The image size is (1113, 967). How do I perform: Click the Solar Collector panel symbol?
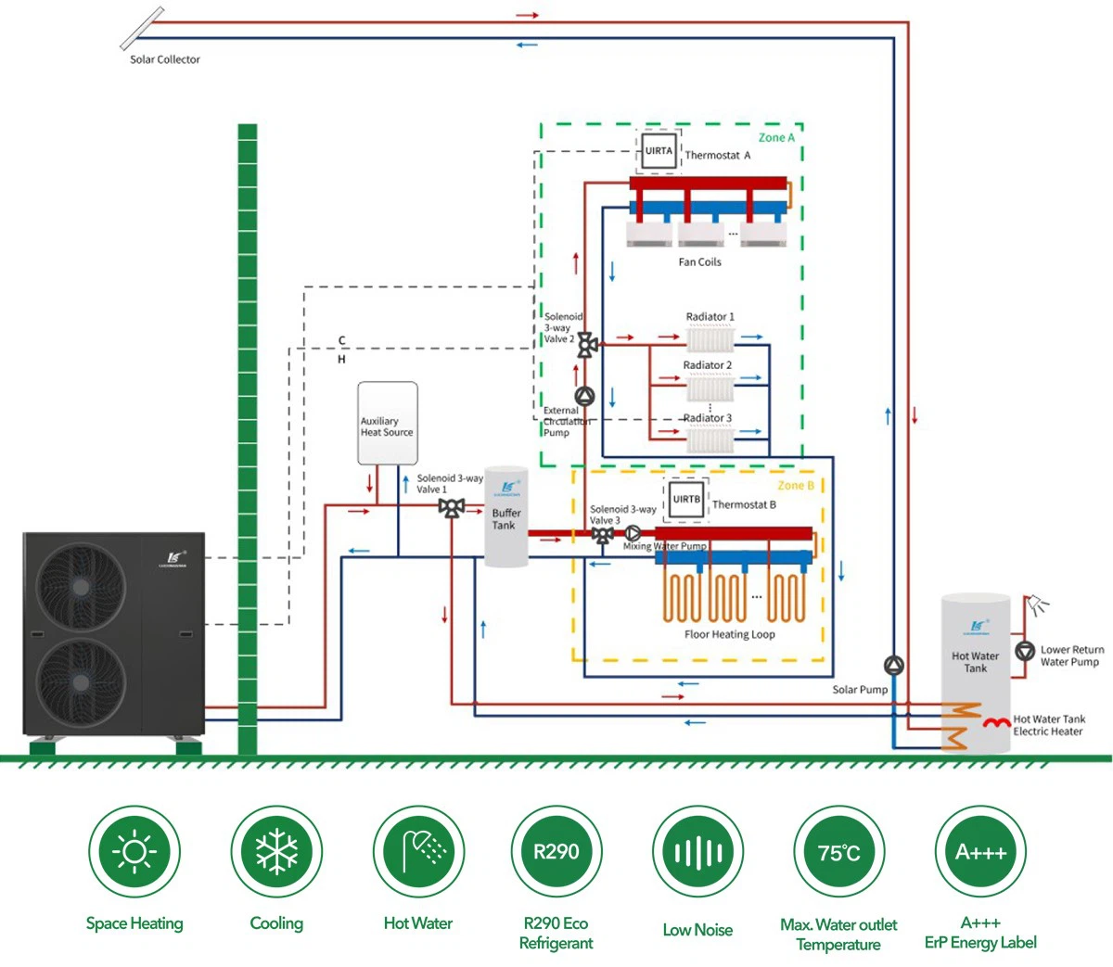click(143, 28)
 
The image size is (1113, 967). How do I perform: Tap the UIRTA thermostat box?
click(659, 151)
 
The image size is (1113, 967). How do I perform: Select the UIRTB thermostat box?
click(686, 500)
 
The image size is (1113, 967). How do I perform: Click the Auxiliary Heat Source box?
click(388, 423)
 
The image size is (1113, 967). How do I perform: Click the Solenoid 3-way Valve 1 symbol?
click(452, 507)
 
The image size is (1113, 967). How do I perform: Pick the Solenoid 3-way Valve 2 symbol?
click(587, 345)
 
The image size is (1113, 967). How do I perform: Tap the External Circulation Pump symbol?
click(584, 397)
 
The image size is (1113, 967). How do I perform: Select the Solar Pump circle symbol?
click(893, 665)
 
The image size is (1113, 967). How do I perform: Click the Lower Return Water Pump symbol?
click(1025, 651)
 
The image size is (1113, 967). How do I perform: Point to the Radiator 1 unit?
click(710, 338)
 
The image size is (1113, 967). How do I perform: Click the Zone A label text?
click(776, 137)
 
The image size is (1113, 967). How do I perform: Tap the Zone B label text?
click(796, 485)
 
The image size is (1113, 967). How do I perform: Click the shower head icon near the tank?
click(1040, 604)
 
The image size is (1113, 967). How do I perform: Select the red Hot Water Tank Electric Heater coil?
click(997, 721)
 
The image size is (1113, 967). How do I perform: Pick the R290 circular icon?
click(556, 852)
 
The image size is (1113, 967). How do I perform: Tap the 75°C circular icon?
click(839, 852)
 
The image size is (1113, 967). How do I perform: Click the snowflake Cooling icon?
click(276, 852)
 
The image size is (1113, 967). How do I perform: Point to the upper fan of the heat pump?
click(81, 587)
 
